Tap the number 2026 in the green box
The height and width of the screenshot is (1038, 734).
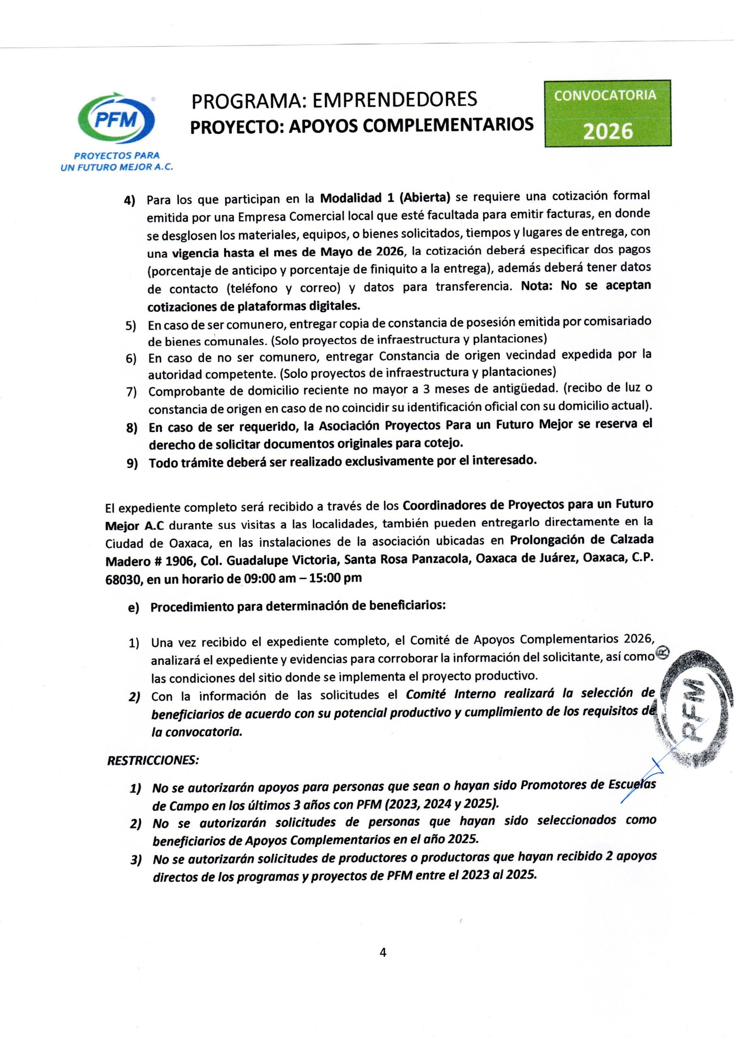tap(607, 131)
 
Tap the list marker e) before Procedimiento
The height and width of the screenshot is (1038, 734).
tap(133, 608)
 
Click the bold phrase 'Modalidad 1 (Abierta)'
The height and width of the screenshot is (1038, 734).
tap(385, 197)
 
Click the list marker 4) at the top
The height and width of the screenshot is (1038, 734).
tap(130, 200)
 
